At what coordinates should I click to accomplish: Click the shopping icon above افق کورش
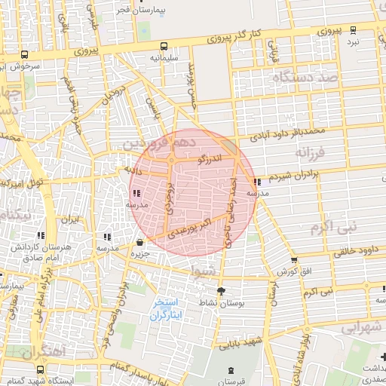[294, 260]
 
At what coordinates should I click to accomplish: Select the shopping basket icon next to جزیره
[140, 243]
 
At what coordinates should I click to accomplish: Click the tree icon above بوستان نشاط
[220, 291]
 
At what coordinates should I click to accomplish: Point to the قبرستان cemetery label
[231, 381]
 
